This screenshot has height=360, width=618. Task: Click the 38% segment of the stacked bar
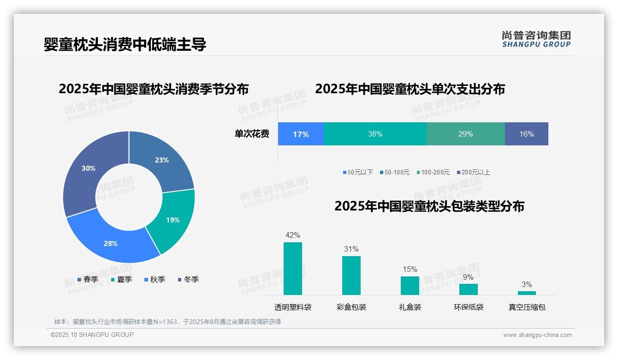point(375,134)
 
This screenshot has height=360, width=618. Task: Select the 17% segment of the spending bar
point(301,134)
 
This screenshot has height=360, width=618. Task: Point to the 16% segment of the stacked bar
point(526,134)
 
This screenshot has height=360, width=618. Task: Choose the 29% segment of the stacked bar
point(465,134)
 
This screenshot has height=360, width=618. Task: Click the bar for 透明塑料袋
point(292,269)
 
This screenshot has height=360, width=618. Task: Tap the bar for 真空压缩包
point(527,293)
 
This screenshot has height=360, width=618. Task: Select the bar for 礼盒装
point(410,285)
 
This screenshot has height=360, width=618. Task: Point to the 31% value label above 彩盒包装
point(351,249)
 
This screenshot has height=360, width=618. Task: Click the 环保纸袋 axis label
point(469,307)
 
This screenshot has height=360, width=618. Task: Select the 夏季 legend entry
point(122,279)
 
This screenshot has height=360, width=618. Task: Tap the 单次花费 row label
point(252,134)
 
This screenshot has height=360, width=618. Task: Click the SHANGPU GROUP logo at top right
point(536,39)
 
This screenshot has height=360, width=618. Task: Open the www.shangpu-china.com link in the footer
point(537,335)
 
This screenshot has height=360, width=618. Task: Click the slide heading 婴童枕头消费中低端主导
point(125,44)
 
